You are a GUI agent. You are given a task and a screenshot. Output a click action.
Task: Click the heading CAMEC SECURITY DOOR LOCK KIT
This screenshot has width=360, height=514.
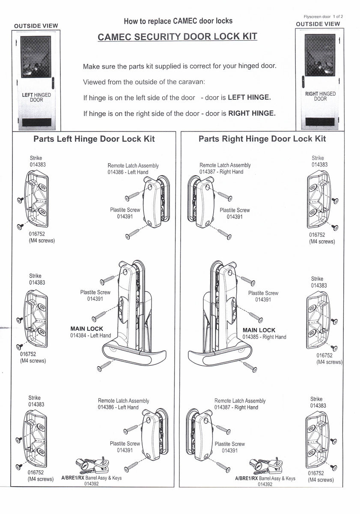click(x=177, y=36)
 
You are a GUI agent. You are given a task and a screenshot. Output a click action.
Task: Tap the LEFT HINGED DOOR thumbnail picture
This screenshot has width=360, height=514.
click(x=36, y=79)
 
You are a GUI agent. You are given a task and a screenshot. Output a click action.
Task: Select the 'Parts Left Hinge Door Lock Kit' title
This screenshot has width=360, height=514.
click(x=94, y=139)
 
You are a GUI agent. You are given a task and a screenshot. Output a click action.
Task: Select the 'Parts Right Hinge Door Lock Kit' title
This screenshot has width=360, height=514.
click(x=262, y=139)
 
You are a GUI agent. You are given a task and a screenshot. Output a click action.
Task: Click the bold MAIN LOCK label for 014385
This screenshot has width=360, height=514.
click(x=259, y=330)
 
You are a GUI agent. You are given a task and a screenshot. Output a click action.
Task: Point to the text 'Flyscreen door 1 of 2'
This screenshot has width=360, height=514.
click(x=324, y=16)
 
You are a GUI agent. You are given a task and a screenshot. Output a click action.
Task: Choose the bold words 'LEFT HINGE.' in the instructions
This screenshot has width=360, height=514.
click(x=249, y=97)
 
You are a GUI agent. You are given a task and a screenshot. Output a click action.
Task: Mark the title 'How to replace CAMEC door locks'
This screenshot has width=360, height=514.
click(x=178, y=21)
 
